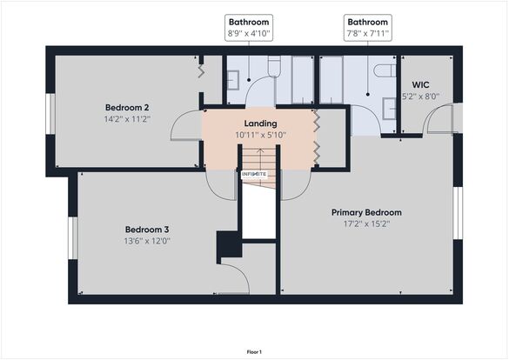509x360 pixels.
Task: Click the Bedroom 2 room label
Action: click(127, 107)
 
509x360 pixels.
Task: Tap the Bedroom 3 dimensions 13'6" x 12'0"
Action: click(147, 241)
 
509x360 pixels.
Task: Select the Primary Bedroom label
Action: click(366, 212)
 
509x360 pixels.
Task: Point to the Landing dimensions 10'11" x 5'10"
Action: click(261, 135)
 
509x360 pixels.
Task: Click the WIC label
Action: click(421, 85)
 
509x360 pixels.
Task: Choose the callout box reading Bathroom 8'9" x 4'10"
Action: click(249, 28)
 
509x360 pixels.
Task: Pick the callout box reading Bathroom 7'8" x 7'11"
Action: click(368, 28)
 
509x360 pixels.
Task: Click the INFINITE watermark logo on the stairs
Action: click(254, 174)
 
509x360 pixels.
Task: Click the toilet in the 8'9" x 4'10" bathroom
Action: click(274, 66)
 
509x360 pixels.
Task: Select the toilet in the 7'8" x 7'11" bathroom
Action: click(385, 70)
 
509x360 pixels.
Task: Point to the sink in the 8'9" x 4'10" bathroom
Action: click(233, 80)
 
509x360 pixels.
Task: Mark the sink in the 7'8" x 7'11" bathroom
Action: click(390, 109)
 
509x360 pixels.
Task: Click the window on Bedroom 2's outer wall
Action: click(50, 114)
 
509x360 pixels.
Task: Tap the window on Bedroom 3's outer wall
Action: click(73, 238)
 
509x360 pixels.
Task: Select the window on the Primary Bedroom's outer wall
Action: click(458, 213)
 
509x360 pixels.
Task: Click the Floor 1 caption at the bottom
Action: click(254, 352)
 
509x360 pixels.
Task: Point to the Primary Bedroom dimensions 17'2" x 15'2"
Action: click(367, 223)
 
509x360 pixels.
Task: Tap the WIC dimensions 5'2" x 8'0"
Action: click(421, 97)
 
